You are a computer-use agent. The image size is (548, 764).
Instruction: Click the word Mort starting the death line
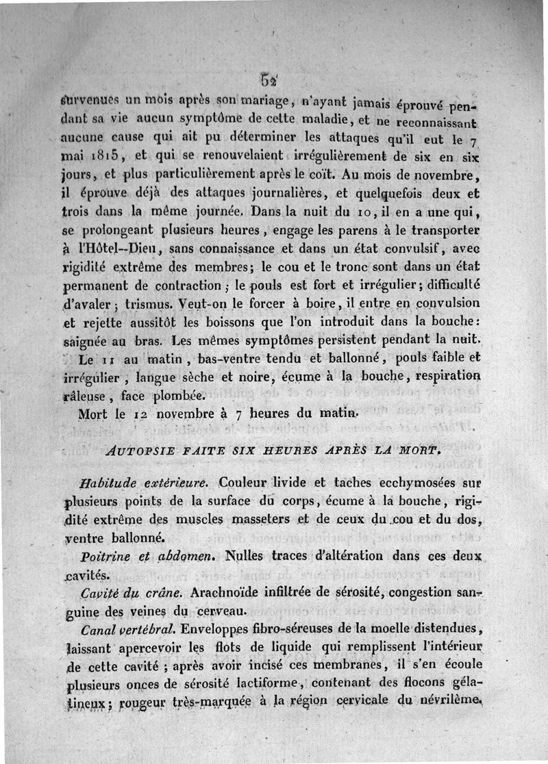[x=92, y=415]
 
